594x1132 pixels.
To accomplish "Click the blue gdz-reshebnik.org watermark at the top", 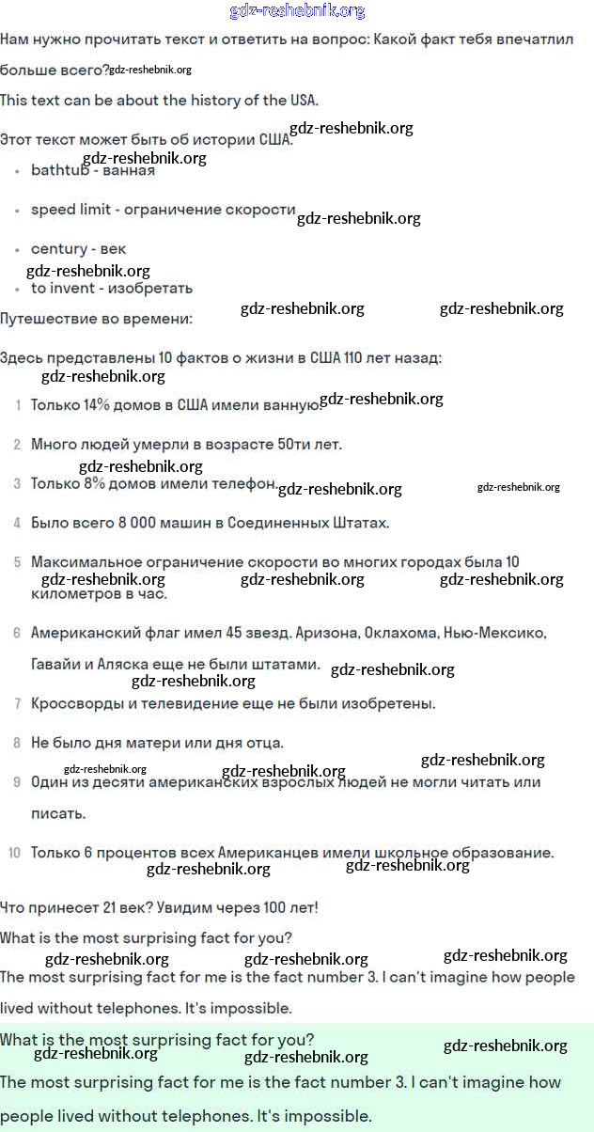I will (x=297, y=11).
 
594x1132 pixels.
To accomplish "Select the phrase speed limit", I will (x=70, y=210).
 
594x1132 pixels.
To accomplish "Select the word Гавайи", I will (x=57, y=664).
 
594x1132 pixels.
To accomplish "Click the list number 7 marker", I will (x=17, y=703).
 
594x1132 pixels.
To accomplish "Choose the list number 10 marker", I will (x=14, y=853).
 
